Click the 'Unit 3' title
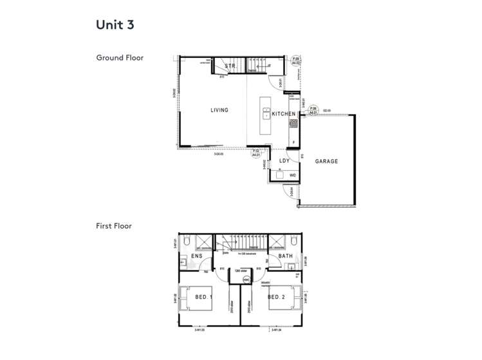click(x=115, y=25)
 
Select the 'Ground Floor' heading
click(x=120, y=58)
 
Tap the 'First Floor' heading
click(x=114, y=226)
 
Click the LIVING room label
click(x=219, y=110)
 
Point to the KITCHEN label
click(x=283, y=114)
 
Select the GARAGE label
click(x=326, y=161)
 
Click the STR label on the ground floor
click(x=230, y=66)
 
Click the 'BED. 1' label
click(x=205, y=297)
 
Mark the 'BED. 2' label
click(x=276, y=297)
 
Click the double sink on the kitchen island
click(x=266, y=115)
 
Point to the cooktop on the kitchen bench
click(x=293, y=122)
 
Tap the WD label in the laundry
click(x=293, y=175)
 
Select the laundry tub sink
click(x=279, y=175)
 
